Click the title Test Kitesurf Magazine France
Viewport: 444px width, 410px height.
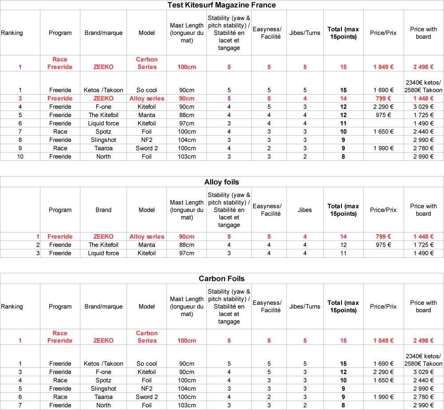(x=222, y=5)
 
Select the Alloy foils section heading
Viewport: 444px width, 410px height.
(x=222, y=182)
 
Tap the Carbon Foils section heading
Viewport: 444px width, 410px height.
(x=222, y=279)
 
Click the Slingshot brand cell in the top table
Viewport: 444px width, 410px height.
(x=103, y=140)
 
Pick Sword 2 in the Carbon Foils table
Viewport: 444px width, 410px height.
(x=147, y=397)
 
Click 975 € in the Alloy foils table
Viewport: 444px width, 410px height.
(x=383, y=245)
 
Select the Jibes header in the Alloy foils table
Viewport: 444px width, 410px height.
(x=305, y=210)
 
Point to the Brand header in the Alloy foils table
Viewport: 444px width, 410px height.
(x=103, y=210)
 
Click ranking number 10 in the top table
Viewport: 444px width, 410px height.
(x=20, y=157)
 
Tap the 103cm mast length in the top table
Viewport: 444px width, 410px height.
(x=186, y=157)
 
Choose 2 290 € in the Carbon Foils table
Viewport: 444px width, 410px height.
(x=383, y=372)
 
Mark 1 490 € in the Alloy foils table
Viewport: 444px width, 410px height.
(x=423, y=253)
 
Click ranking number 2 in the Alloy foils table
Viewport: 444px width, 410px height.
(x=38, y=245)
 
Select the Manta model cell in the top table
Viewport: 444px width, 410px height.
(x=147, y=115)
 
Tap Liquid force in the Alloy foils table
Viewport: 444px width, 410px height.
(x=103, y=253)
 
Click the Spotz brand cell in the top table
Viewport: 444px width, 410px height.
(x=103, y=131)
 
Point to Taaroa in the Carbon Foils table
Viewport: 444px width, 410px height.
(x=103, y=397)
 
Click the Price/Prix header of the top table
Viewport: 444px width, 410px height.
(x=383, y=33)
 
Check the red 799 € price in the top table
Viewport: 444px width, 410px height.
(x=383, y=99)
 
